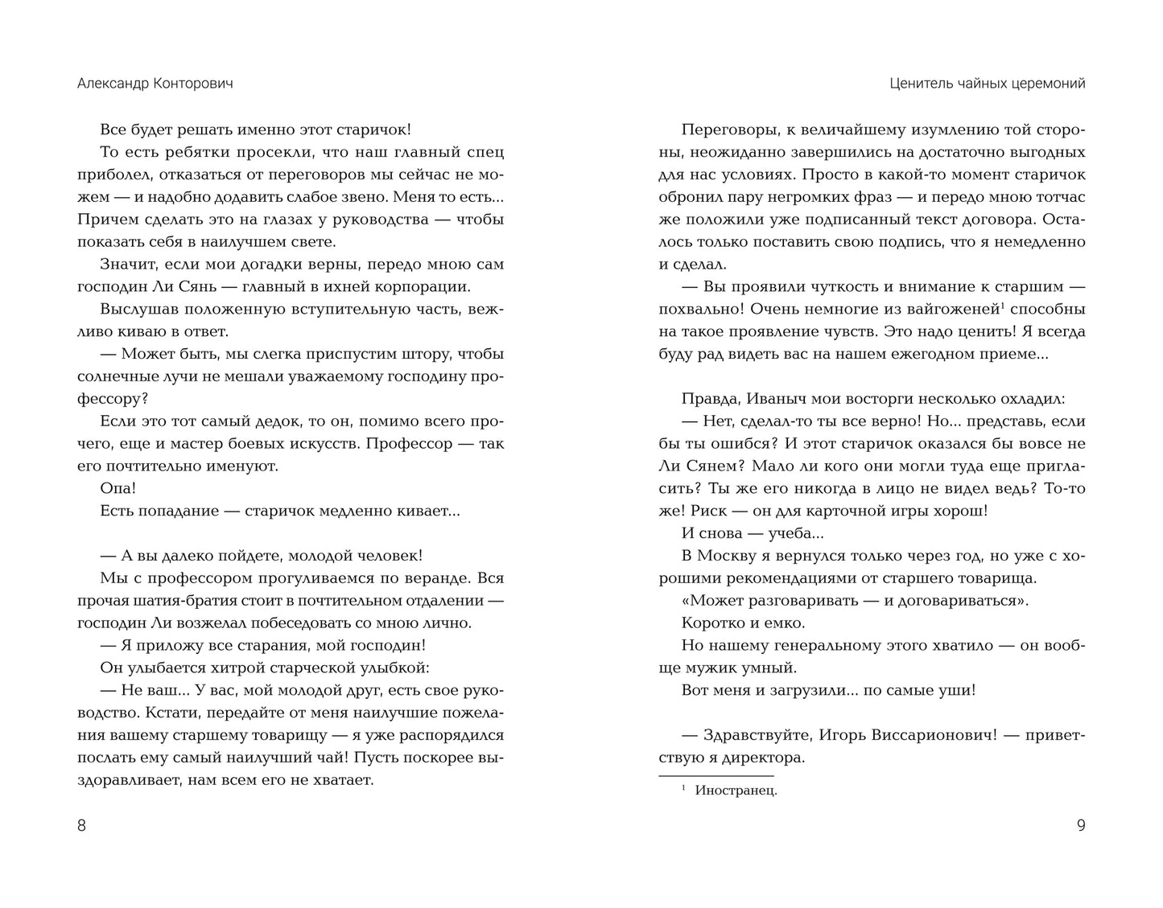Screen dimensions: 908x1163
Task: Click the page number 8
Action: pyautogui.click(x=81, y=825)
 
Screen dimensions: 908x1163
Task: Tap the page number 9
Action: pyautogui.click(x=1080, y=825)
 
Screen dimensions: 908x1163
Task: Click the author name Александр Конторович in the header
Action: pyautogui.click(x=155, y=84)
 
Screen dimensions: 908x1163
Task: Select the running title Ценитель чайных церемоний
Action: pyautogui.click(x=988, y=84)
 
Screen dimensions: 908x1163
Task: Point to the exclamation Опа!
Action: pyautogui.click(x=118, y=488)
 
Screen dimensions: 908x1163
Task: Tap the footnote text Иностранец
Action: pyautogui.click(x=736, y=791)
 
